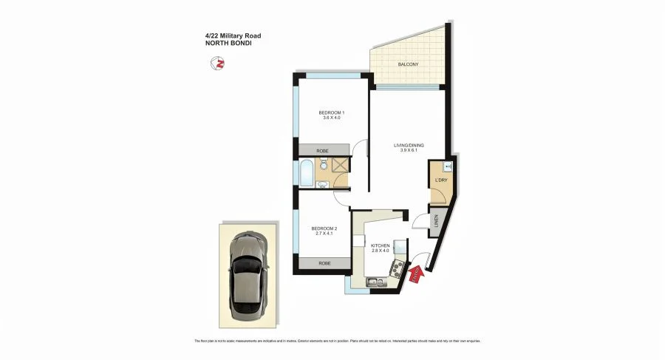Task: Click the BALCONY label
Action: click(408, 64)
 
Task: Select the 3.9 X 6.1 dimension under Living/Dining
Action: click(408, 152)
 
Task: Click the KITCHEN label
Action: click(381, 245)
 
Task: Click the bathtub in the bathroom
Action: click(306, 171)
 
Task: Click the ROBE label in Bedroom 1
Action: click(322, 150)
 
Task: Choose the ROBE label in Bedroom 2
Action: click(324, 263)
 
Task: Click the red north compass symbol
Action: click(218, 65)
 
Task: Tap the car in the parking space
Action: click(249, 274)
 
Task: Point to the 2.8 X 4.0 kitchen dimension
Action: click(381, 251)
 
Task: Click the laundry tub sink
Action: click(448, 166)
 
